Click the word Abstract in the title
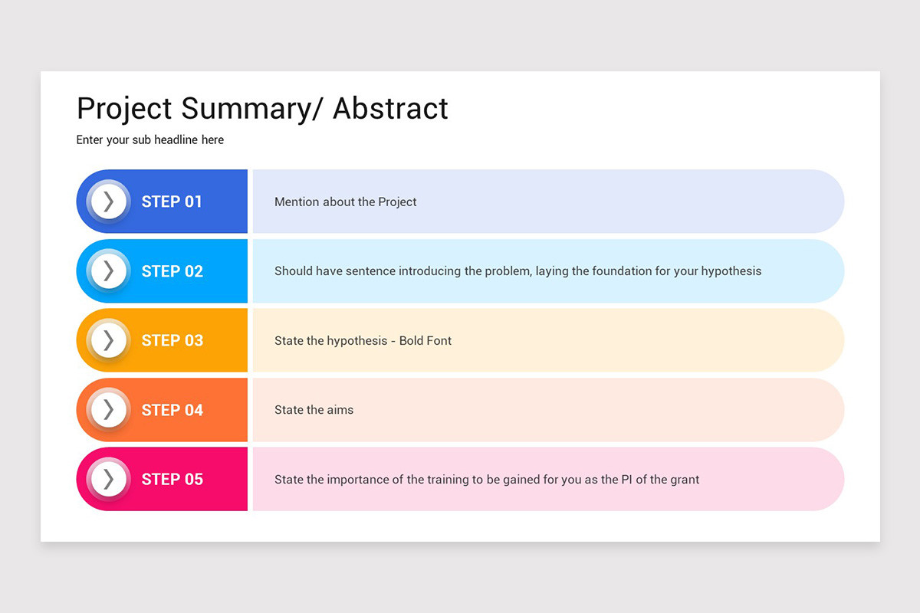point(390,109)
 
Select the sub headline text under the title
point(150,140)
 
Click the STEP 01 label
point(172,202)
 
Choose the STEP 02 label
point(172,271)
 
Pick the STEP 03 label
point(172,340)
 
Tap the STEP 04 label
point(172,410)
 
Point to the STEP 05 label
point(172,480)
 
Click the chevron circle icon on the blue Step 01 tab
point(108,202)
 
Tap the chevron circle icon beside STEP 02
point(108,271)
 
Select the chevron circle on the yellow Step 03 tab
point(108,340)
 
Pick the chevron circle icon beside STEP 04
point(108,410)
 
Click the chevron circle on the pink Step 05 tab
point(108,480)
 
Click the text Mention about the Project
point(345,202)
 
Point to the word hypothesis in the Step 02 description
point(731,271)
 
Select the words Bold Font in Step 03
point(426,341)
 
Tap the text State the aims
point(314,410)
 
